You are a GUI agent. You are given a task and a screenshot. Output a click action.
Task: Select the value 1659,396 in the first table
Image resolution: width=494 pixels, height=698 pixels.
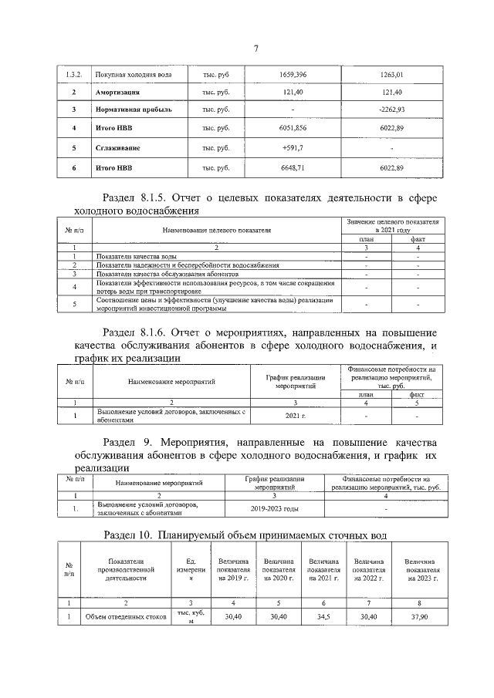tap(293, 75)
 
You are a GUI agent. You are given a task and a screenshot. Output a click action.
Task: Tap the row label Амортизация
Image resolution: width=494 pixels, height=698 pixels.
tap(117, 92)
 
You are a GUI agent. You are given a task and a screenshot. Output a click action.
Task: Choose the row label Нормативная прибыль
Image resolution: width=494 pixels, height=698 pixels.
tap(128, 110)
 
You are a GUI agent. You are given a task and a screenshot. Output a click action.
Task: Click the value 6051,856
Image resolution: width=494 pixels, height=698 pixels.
tap(293, 128)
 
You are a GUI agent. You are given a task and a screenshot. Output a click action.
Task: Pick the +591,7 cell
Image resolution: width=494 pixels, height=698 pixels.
tap(293, 147)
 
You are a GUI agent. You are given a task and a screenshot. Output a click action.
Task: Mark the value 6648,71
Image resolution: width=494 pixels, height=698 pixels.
tap(293, 167)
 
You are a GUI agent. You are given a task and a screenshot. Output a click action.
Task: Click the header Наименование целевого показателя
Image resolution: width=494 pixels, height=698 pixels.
tap(217, 230)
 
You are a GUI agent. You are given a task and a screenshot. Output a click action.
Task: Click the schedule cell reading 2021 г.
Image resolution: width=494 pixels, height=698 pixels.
tap(296, 416)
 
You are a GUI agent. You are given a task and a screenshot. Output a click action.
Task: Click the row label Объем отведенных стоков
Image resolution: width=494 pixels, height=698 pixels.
tap(127, 617)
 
